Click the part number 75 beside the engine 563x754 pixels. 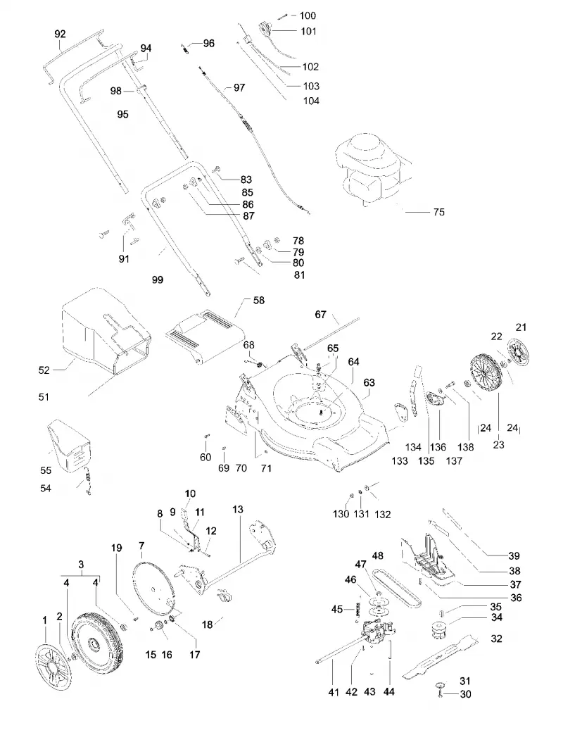tap(439, 212)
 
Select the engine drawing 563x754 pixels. tap(372, 170)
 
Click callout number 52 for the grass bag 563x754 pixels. tap(44, 370)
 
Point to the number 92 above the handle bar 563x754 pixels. tap(60, 34)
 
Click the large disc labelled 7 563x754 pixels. tap(153, 589)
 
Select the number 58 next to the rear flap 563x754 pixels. tap(259, 301)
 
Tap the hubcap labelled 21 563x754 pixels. tap(521, 356)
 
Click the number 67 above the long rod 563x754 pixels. tap(321, 315)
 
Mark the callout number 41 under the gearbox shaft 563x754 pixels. tap(334, 692)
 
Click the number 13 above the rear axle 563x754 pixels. tap(238, 509)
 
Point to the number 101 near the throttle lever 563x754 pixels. tap(309, 31)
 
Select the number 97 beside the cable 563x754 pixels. tap(239, 88)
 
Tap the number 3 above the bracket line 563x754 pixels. tap(81, 565)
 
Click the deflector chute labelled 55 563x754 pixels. tap(70, 446)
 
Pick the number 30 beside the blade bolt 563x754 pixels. tap(465, 694)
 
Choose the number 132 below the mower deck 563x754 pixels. tap(383, 515)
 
